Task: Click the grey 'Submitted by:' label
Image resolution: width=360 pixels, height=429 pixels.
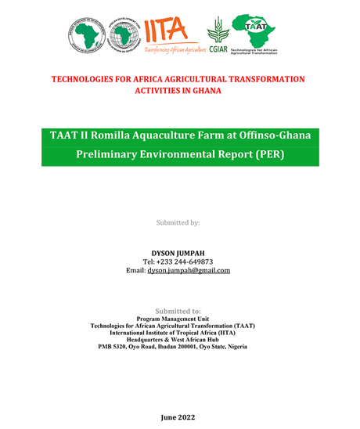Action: (x=178, y=222)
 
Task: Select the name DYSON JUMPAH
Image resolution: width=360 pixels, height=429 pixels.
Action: (x=178, y=253)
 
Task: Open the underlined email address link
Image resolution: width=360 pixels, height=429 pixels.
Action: (x=189, y=270)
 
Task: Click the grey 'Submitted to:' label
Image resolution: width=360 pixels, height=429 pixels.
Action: (x=178, y=311)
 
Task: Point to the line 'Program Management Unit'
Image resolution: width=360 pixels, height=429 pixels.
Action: (x=178, y=319)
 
